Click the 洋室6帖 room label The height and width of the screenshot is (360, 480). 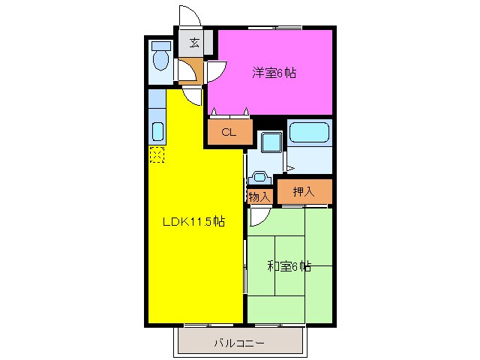(273, 73)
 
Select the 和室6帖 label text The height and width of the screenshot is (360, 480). (289, 265)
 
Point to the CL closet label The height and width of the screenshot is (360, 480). (228, 133)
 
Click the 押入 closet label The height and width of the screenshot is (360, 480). (304, 191)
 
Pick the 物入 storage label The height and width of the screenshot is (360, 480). (259, 196)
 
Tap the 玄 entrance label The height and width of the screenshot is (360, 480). (194, 43)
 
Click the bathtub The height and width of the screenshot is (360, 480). (310, 133)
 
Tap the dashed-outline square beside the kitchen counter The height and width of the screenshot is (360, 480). (157, 154)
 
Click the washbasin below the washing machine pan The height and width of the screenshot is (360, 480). (260, 178)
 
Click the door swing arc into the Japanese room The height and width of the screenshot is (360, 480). (259, 217)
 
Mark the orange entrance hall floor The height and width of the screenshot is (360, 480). (187, 70)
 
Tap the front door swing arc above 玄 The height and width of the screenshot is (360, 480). (189, 16)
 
